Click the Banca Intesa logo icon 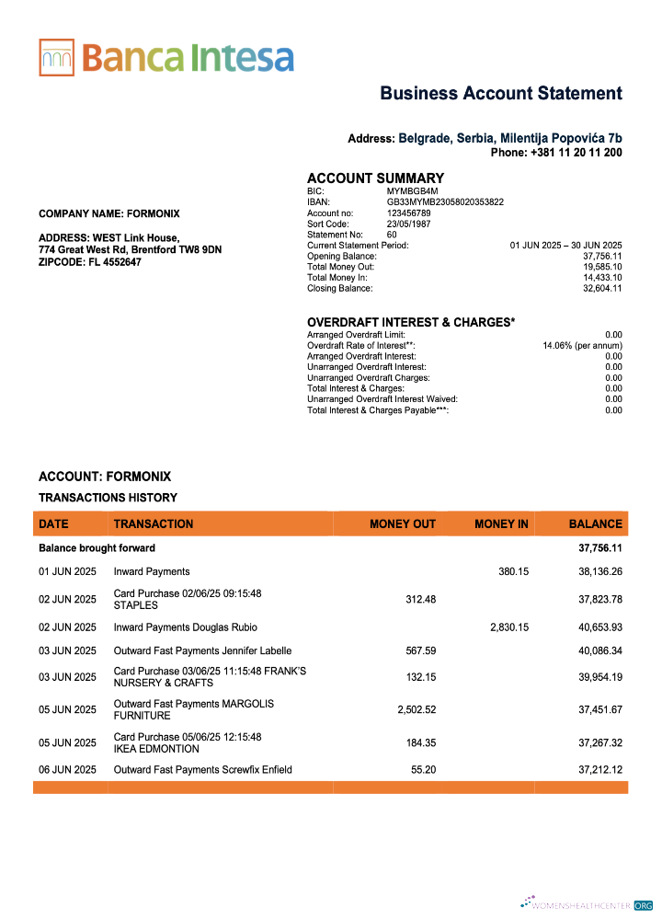[56, 57]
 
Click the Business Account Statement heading [501, 93]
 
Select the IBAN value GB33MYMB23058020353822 [445, 201]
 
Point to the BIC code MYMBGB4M [407, 190]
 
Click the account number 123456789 [408, 213]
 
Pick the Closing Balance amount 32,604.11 [602, 288]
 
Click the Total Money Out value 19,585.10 [602, 267]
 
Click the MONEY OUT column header [402, 524]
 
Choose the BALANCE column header [595, 524]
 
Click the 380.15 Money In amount [513, 571]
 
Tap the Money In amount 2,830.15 [508, 627]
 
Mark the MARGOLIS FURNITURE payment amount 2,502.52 [416, 709]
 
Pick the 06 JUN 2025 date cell [67, 769]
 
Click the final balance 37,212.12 [600, 769]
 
